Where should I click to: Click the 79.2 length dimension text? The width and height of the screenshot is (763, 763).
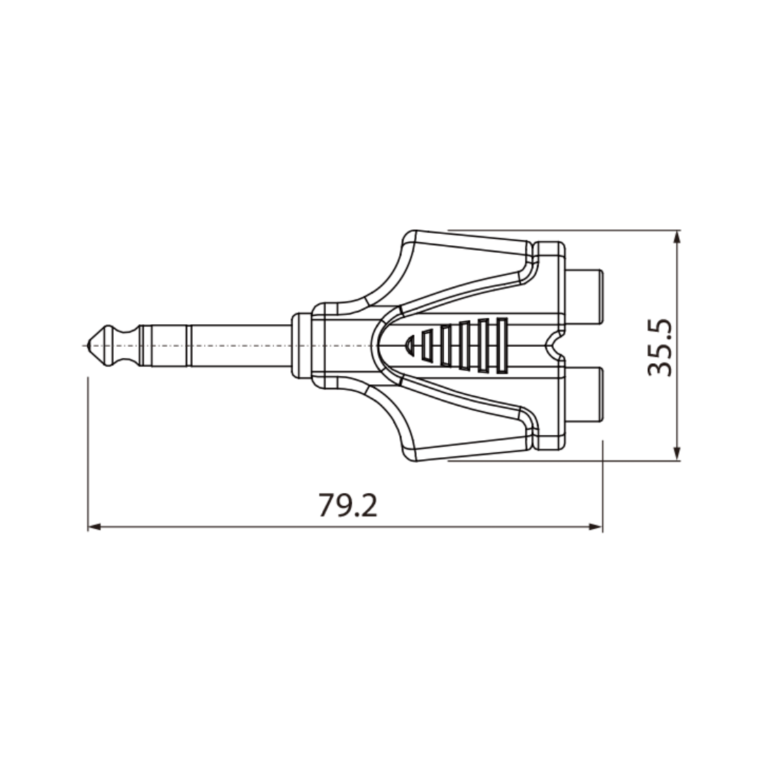click(348, 505)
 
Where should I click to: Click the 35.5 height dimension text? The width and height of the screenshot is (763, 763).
click(660, 348)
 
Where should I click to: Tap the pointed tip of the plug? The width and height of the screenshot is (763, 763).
click(88, 345)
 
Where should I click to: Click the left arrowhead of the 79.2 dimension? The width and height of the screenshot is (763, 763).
click(95, 526)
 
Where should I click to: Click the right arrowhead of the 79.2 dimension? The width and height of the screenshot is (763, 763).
click(596, 526)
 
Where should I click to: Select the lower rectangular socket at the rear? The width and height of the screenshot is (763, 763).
click(584, 395)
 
